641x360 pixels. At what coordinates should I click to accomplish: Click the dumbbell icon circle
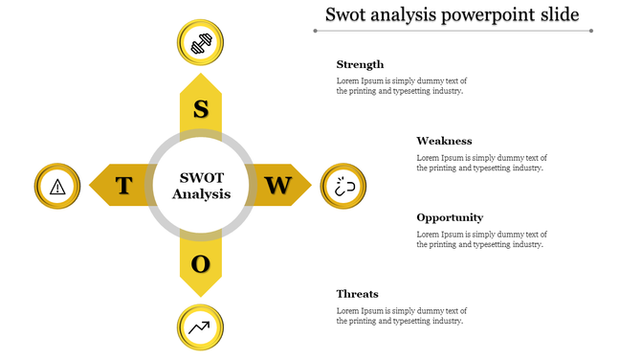tap(201, 43)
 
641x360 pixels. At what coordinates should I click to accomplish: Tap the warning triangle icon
tap(57, 186)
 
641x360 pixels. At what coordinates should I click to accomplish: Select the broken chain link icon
tap(343, 186)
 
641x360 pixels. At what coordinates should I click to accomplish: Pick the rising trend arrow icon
tap(200, 327)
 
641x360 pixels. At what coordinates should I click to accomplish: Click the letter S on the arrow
tap(201, 108)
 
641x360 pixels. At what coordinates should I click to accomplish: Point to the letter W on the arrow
tap(277, 185)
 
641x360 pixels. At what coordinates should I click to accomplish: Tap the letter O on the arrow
tap(200, 263)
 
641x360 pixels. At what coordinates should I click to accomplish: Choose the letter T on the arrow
tap(123, 186)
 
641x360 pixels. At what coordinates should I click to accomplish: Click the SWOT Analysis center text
tap(201, 186)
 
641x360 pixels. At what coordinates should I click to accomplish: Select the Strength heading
tap(360, 64)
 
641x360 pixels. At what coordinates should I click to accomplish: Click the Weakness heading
tap(444, 141)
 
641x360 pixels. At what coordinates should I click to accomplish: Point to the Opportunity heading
tap(450, 217)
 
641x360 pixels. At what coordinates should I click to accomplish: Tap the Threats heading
tap(357, 294)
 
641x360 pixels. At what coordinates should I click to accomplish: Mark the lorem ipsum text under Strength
tap(401, 86)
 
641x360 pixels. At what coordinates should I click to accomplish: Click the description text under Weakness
tap(481, 163)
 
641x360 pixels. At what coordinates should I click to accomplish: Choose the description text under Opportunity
tap(481, 239)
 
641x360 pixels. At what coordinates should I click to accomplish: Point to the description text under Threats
tap(401, 316)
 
